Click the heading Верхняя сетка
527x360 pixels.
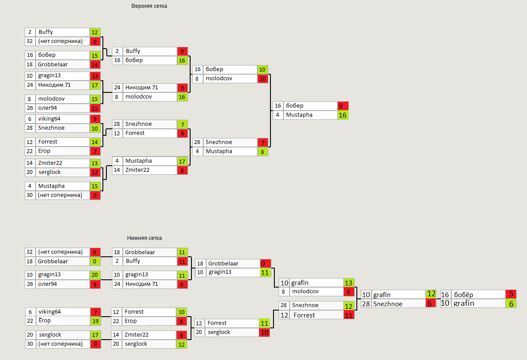(149, 6)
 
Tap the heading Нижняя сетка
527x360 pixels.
(145, 238)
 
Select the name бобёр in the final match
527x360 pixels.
(464, 295)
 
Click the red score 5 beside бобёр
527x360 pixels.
(511, 295)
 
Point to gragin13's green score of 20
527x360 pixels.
(95, 275)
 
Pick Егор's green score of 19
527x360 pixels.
(95, 321)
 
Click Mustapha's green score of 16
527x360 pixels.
(343, 115)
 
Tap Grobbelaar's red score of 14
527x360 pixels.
(95, 65)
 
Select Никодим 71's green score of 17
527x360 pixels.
(95, 85)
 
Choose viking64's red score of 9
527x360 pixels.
(95, 119)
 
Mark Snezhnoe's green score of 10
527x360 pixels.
(95, 128)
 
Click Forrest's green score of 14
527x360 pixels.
(95, 142)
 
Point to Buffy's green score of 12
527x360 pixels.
(95, 32)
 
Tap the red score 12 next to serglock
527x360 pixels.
(95, 173)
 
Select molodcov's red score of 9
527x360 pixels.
(349, 292)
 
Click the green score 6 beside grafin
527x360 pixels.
(511, 304)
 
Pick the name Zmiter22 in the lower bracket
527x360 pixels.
(137, 335)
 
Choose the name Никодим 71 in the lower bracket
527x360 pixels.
(141, 284)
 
